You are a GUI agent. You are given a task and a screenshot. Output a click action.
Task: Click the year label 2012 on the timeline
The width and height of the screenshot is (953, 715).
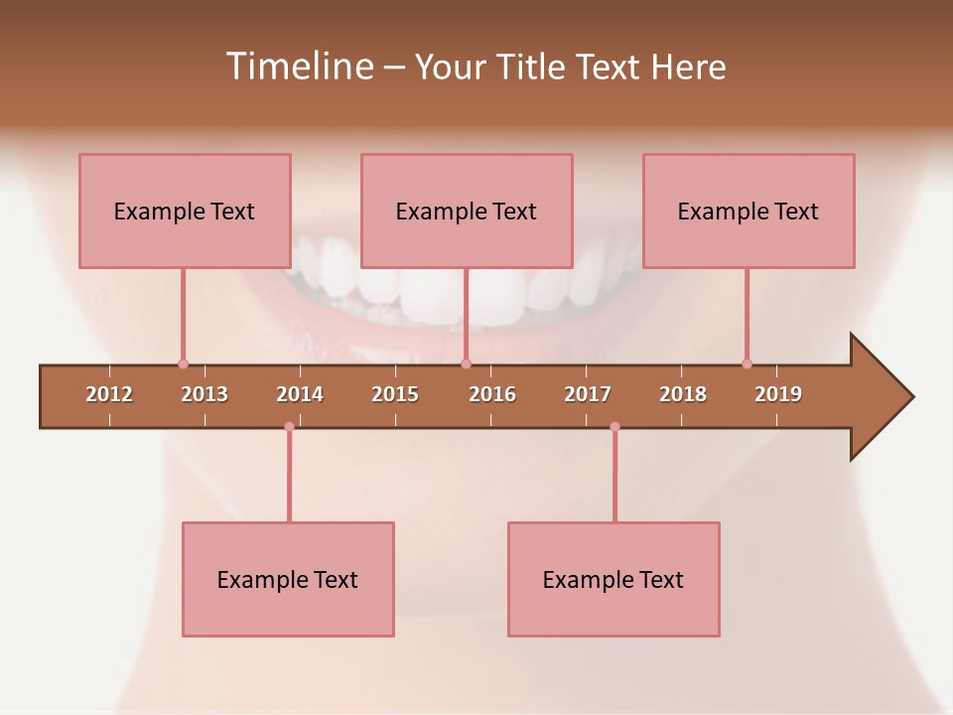(x=109, y=394)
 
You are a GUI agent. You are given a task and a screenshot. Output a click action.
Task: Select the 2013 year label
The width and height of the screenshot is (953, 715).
(x=204, y=394)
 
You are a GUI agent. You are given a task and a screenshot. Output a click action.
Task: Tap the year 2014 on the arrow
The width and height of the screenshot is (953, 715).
(x=300, y=394)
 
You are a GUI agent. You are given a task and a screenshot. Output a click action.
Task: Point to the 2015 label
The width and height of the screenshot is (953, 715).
(x=395, y=394)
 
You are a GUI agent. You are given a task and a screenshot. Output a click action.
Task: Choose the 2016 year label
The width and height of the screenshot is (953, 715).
(x=492, y=394)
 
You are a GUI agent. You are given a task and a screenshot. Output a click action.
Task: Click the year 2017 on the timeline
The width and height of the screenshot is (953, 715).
(x=588, y=394)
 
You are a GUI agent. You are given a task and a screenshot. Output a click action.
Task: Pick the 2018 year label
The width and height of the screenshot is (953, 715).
(x=683, y=394)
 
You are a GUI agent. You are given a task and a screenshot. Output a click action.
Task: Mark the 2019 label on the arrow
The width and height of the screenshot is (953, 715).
(x=778, y=394)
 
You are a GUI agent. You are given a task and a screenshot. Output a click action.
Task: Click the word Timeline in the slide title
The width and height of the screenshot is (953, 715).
(x=298, y=67)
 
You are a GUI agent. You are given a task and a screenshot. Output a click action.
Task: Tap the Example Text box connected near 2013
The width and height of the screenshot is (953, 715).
(x=185, y=211)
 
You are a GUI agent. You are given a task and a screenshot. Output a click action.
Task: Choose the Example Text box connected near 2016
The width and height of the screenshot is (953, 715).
(x=467, y=211)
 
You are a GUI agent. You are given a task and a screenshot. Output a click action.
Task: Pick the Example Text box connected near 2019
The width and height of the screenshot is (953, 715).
(x=749, y=211)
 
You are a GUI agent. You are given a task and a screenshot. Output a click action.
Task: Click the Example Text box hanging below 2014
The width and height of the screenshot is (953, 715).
(x=288, y=579)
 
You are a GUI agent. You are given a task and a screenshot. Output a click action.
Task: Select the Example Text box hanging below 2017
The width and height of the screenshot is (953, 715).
(x=613, y=579)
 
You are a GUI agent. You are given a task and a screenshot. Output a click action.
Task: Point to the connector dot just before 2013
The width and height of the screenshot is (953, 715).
(x=183, y=363)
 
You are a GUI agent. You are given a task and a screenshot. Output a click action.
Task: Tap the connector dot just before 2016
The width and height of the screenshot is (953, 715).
(x=467, y=363)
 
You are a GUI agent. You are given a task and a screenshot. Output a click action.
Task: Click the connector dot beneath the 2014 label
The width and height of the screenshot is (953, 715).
(x=289, y=427)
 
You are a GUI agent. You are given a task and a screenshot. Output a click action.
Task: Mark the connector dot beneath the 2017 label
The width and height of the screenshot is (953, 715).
(x=614, y=427)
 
